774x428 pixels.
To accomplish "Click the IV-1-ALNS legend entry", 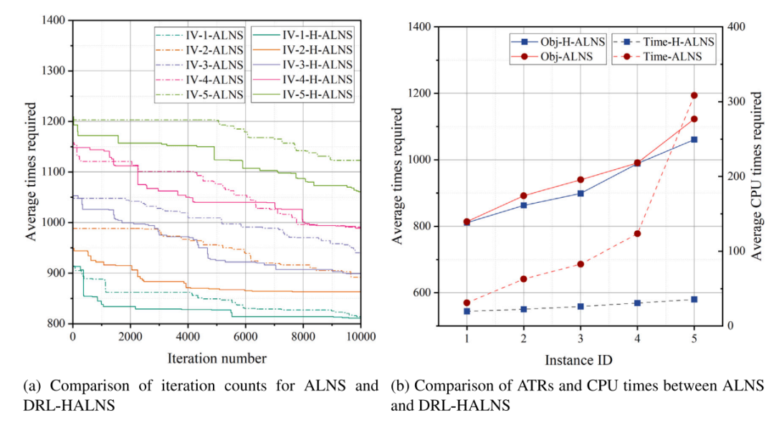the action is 200,35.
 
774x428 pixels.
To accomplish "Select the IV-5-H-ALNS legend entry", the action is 302,95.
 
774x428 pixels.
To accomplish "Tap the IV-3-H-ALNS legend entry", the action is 302,65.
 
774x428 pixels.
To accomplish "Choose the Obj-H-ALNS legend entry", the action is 558,42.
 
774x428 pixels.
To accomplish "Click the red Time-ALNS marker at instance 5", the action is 694,95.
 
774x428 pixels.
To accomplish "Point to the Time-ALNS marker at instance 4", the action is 637,234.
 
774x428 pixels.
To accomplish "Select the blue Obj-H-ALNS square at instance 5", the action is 694,140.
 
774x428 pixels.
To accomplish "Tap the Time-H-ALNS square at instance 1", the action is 467,311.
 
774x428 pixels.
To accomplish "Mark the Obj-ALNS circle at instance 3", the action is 580,180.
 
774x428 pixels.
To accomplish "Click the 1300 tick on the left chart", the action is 54,70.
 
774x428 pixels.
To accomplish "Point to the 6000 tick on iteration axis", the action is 245,337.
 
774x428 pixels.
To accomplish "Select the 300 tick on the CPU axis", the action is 736,101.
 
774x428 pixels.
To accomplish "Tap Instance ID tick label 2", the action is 524,338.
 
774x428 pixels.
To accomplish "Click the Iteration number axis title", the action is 216,358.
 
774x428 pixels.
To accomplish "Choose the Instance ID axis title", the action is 578,361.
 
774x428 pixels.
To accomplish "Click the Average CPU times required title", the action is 757,176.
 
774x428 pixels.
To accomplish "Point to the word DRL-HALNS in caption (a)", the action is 69,405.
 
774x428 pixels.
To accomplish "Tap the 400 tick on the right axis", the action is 736,26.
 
